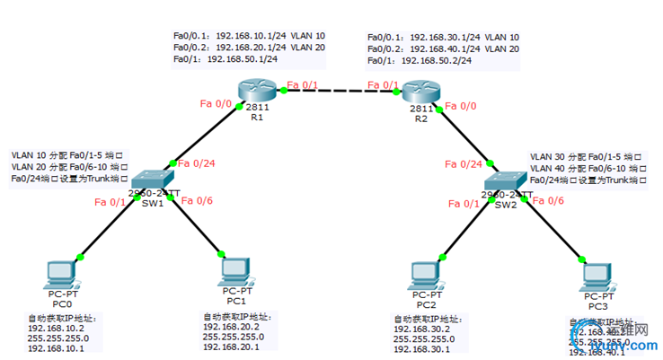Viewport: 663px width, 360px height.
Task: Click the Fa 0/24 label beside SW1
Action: tap(197, 163)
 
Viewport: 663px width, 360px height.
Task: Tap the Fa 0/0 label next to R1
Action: tap(217, 104)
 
